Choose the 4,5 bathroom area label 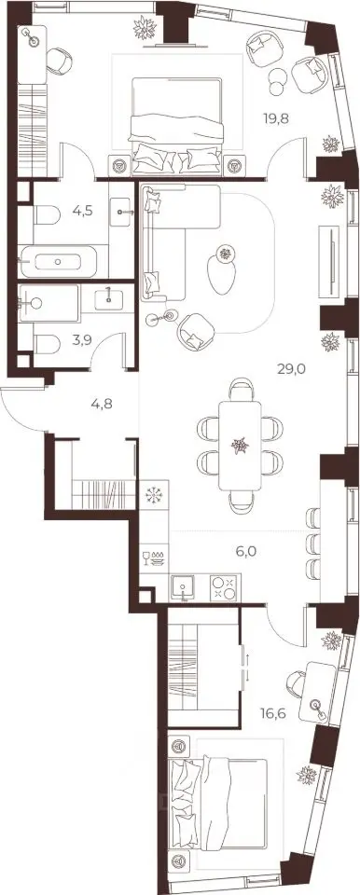pyautogui.click(x=83, y=210)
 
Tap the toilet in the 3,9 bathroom pyautogui.click(x=47, y=344)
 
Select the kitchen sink pyautogui.click(x=182, y=587)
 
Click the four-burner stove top pyautogui.click(x=223, y=587)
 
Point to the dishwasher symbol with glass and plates pyautogui.click(x=154, y=559)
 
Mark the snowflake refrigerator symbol pyautogui.click(x=154, y=494)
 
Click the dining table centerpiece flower pyautogui.click(x=240, y=446)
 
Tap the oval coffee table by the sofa pyautogui.click(x=222, y=274)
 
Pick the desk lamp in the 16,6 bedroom pyautogui.click(x=317, y=707)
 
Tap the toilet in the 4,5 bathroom pyautogui.click(x=47, y=215)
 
